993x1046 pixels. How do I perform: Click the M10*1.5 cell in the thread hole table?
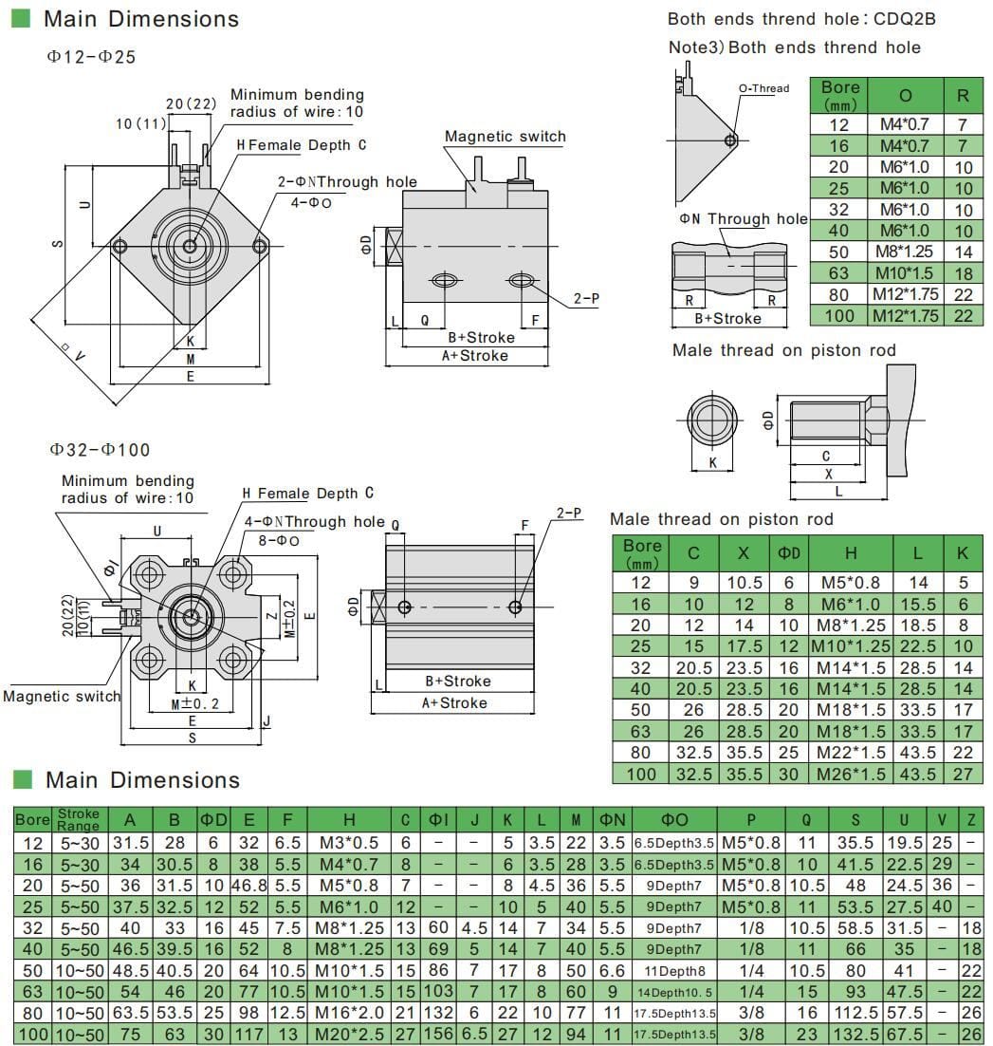(x=905, y=273)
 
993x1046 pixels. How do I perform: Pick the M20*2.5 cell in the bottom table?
(x=348, y=1034)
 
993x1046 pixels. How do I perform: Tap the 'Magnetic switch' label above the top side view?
(x=505, y=137)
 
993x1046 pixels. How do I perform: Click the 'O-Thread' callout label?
(x=763, y=88)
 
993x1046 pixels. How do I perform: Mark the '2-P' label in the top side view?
(x=585, y=299)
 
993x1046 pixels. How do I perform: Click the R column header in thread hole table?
(x=963, y=96)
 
